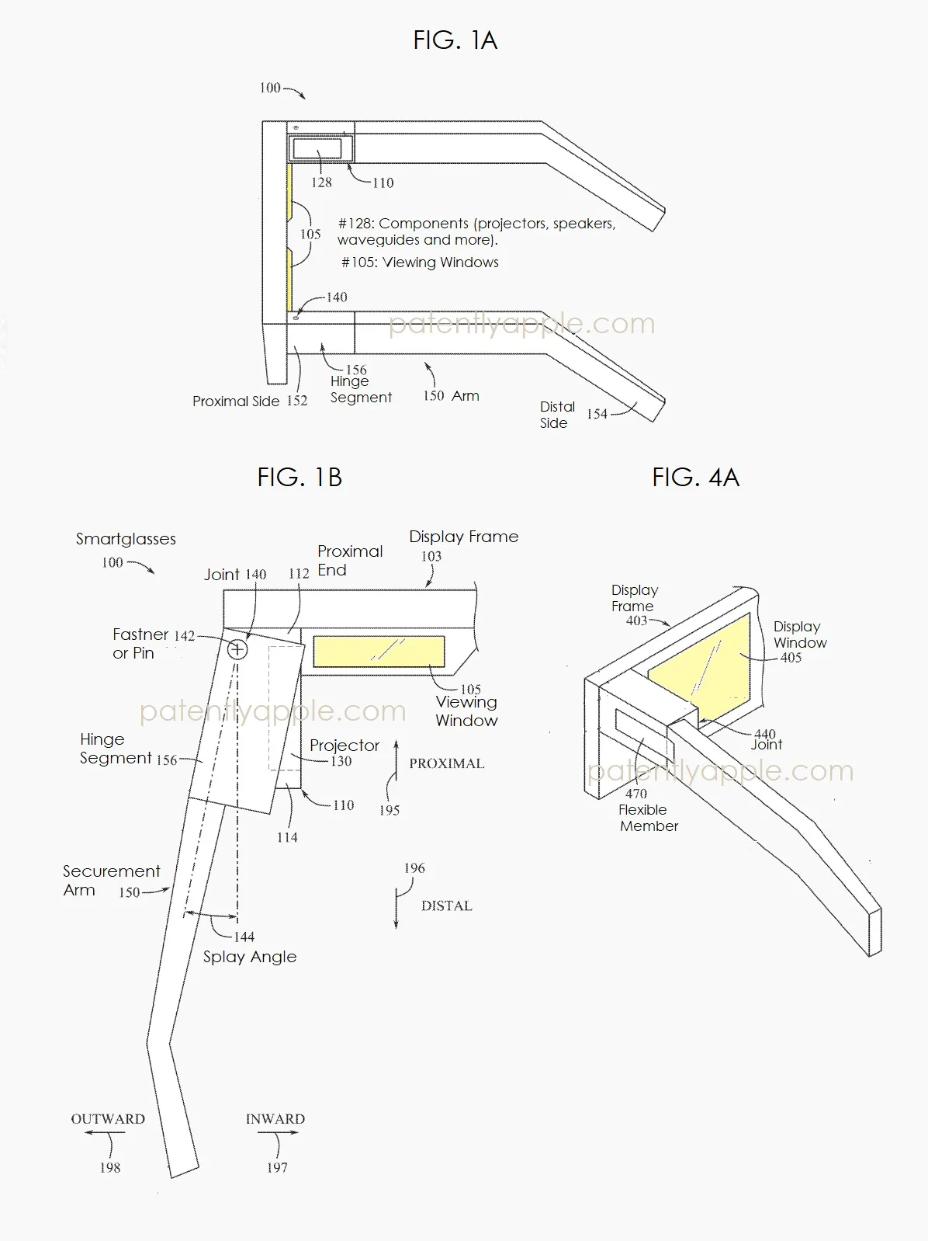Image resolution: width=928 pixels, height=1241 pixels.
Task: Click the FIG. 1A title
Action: click(455, 40)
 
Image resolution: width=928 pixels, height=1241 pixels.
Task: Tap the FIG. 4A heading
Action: click(695, 477)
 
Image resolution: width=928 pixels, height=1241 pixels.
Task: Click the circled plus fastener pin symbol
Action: click(237, 649)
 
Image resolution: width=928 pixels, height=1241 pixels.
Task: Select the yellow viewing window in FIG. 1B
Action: click(379, 652)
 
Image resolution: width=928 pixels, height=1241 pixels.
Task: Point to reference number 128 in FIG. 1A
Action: click(321, 182)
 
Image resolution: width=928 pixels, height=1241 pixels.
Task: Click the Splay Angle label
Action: click(250, 957)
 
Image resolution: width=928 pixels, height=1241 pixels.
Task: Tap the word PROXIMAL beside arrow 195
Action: click(446, 763)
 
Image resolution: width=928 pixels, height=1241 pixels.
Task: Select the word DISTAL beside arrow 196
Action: click(446, 906)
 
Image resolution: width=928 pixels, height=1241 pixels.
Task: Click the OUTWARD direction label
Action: click(108, 1119)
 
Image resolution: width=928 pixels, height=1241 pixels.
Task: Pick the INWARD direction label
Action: click(275, 1119)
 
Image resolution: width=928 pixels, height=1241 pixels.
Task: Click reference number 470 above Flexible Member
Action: click(635, 794)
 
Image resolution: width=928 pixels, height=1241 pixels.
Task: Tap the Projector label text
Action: click(345, 746)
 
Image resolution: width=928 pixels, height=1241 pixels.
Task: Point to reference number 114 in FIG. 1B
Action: click(287, 837)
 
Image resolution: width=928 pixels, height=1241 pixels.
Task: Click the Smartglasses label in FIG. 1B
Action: click(126, 539)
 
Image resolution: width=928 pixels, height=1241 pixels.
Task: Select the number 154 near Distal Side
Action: click(597, 414)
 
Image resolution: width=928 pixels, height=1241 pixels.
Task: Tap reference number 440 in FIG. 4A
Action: click(764, 734)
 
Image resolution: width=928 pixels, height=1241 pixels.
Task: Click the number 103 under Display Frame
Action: click(431, 556)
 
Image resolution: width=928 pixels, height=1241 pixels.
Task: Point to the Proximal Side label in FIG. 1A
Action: click(236, 401)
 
